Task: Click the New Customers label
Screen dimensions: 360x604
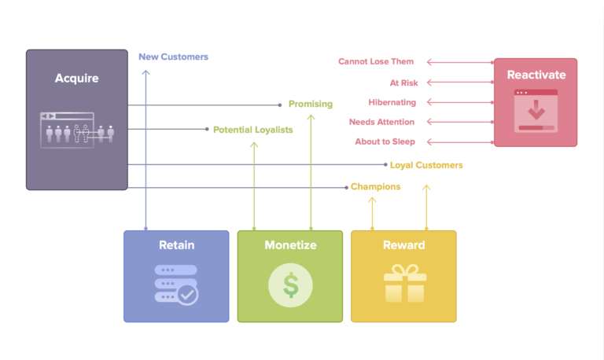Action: (173, 57)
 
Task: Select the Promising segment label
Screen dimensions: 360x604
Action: (310, 104)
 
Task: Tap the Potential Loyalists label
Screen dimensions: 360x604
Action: (252, 130)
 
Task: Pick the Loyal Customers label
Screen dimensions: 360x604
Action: (426, 165)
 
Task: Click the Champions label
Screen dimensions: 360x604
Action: (375, 187)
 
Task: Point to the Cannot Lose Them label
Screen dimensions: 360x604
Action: (376, 61)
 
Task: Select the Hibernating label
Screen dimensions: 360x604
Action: (392, 102)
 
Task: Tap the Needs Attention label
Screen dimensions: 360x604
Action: (381, 122)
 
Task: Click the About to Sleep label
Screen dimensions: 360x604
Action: (385, 141)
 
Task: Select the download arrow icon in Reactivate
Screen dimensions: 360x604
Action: (536, 108)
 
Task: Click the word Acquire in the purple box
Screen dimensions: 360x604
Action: (76, 78)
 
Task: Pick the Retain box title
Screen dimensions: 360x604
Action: (176, 245)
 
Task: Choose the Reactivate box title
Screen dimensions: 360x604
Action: (536, 75)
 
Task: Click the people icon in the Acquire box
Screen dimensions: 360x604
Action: (76, 131)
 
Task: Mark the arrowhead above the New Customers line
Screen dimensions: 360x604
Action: (145, 72)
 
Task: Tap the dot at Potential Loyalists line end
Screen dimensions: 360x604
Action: (207, 129)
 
